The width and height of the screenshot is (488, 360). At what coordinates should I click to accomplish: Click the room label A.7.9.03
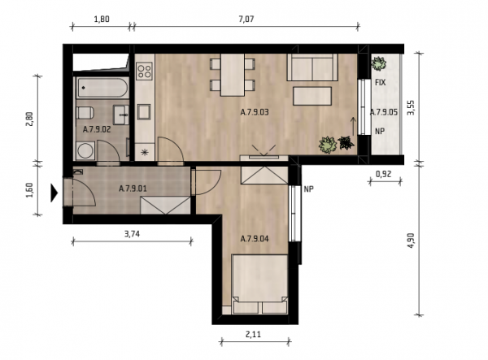pyautogui.click(x=255, y=112)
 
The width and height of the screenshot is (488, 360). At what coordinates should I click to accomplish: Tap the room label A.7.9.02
pyautogui.click(x=97, y=130)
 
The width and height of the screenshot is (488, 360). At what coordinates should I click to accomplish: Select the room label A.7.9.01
pyautogui.click(x=133, y=189)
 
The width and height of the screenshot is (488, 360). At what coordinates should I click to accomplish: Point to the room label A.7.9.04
pyautogui.click(x=255, y=239)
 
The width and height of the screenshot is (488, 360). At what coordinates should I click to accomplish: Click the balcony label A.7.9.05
pyautogui.click(x=384, y=112)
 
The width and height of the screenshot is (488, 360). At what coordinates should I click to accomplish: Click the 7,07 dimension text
pyautogui.click(x=246, y=20)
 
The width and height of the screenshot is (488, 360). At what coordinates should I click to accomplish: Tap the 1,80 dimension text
pyautogui.click(x=102, y=20)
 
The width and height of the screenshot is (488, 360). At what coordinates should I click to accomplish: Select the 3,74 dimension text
pyautogui.click(x=133, y=234)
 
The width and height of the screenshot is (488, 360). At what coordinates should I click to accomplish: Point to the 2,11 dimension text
pyautogui.click(x=253, y=335)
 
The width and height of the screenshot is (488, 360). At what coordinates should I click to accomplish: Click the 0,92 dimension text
pyautogui.click(x=383, y=175)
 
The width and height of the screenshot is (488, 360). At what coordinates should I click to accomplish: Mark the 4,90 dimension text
pyautogui.click(x=412, y=241)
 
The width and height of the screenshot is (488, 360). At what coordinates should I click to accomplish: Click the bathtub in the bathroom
pyautogui.click(x=102, y=88)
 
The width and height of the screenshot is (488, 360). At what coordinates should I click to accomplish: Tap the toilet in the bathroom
pyautogui.click(x=85, y=113)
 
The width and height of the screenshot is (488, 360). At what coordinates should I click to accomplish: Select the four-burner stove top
pyautogui.click(x=145, y=71)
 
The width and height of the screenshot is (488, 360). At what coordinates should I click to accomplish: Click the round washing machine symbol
pyautogui.click(x=86, y=151)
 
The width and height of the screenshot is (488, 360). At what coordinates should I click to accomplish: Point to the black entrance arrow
pyautogui.click(x=54, y=193)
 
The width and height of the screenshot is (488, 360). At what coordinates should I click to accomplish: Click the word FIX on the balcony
pyautogui.click(x=381, y=83)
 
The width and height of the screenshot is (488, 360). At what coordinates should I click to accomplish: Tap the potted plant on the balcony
pyautogui.click(x=378, y=63)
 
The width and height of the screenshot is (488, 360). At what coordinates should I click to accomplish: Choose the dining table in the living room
pyautogui.click(x=233, y=75)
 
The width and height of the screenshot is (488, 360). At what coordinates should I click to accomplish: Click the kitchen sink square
pyautogui.click(x=144, y=112)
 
